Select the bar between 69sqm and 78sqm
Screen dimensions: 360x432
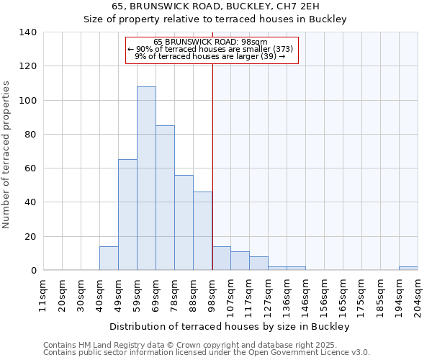click(x=165, y=198)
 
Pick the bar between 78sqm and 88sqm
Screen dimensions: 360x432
click(x=184, y=222)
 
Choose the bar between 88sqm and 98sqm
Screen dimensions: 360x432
click(x=202, y=231)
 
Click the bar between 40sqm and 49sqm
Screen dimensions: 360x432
click(x=109, y=258)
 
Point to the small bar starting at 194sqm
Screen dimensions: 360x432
click(x=408, y=269)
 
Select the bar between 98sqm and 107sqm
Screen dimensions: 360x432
click(x=221, y=258)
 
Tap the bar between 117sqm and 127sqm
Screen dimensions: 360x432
click(x=258, y=264)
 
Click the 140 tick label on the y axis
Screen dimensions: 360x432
click(x=28, y=32)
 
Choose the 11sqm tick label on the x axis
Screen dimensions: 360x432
click(x=42, y=295)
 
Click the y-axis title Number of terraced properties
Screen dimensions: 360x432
click(x=7, y=155)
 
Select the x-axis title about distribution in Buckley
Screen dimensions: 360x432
click(x=230, y=327)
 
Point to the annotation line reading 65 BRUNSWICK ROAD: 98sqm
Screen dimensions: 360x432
click(x=210, y=42)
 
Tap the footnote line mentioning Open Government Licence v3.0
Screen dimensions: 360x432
click(x=207, y=353)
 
